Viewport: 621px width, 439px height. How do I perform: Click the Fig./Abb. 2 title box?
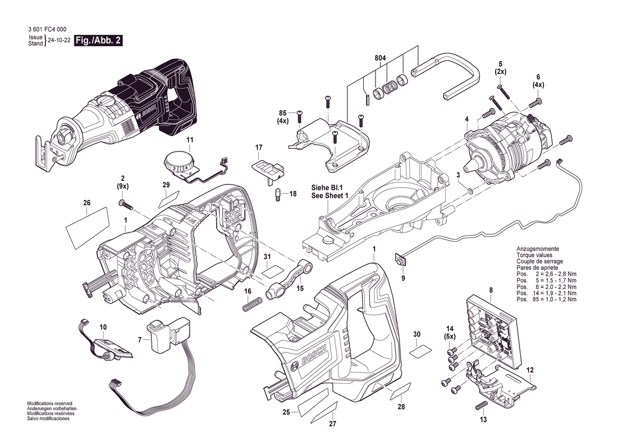[99, 40]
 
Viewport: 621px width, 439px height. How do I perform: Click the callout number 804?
[380, 58]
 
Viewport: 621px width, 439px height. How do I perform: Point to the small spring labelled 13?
[481, 406]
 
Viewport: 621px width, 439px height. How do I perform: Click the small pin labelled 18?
[278, 195]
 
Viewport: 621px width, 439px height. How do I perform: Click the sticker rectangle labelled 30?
[420, 351]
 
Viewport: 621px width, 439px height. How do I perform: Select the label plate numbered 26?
[87, 228]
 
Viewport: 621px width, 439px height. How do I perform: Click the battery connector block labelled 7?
[171, 334]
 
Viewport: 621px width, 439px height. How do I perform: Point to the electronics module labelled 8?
[492, 332]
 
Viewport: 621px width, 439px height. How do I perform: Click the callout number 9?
[403, 278]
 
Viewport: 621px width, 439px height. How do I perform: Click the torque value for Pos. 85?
[556, 299]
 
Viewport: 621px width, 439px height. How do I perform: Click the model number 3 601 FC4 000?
[47, 29]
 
